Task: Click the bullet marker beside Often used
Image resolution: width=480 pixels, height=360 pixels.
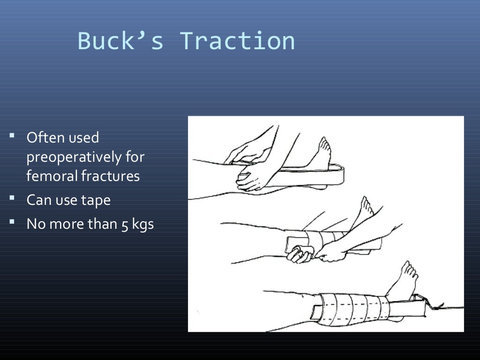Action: [12, 136]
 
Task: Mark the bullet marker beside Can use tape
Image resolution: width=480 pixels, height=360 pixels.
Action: [12, 199]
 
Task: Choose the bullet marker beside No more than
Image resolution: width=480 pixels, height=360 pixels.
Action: [12, 222]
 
